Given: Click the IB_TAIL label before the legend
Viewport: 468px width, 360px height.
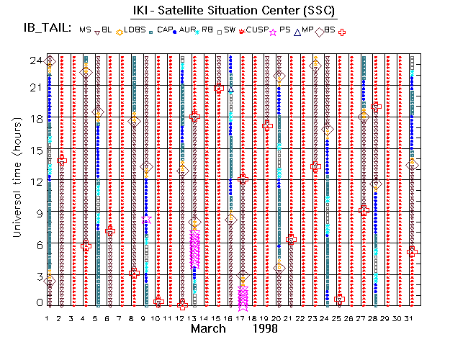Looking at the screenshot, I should pos(46,29).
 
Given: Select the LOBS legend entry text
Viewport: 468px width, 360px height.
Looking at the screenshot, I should pos(135,30).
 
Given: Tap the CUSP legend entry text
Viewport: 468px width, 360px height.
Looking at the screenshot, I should pos(257,30).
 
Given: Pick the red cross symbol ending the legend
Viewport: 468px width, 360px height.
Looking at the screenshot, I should pos(343,32).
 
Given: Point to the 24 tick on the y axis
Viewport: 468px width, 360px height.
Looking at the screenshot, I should pos(34,61).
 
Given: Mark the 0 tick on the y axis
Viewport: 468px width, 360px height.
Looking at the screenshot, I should pos(37,303).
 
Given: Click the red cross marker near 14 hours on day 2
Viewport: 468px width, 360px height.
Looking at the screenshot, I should pos(62,159).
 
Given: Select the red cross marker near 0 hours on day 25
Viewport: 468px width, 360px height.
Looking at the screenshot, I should pos(340,299).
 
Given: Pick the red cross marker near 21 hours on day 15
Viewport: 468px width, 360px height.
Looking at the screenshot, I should pos(219,88).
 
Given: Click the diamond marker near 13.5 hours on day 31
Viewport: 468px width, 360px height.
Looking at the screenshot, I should pos(412,164).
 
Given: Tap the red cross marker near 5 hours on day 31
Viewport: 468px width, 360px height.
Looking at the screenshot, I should pos(412,251).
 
